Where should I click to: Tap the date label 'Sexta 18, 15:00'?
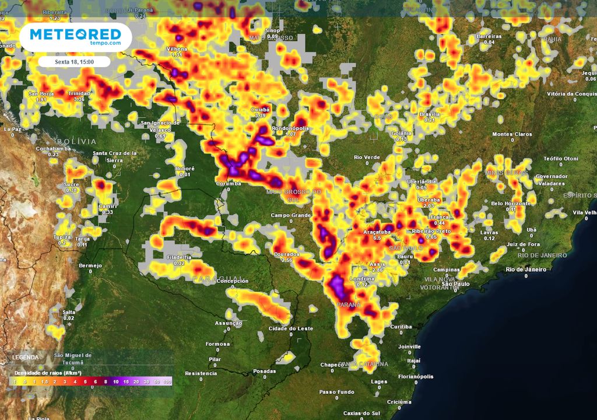[75, 61]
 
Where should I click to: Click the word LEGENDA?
[26, 357]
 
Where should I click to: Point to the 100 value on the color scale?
[168, 381]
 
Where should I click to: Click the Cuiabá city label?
[260, 109]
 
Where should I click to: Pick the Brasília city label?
[430, 114]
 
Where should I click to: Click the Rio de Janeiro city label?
[526, 269]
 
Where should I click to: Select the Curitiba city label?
[402, 326]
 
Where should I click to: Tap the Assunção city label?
[229, 323]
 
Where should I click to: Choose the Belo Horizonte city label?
[511, 203]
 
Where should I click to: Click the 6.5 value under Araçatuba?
[377, 238]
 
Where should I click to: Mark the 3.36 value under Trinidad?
[79, 99]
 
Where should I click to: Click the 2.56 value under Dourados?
[287, 260]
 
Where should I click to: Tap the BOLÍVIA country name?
[76, 141]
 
